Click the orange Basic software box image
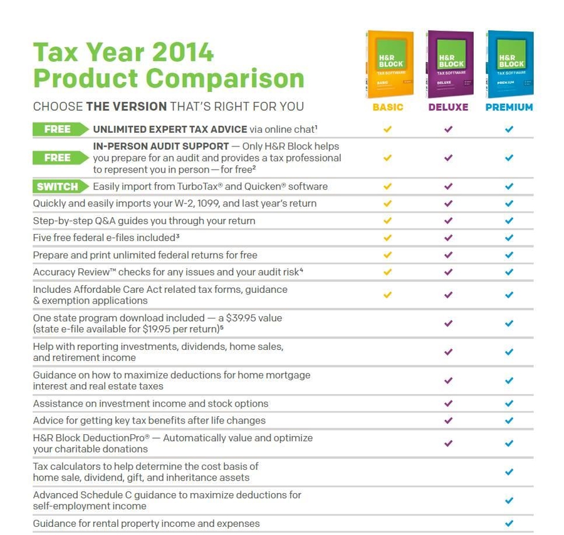coord(389,64)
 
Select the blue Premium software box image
coord(509,64)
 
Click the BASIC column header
coord(388,107)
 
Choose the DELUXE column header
coord(448,107)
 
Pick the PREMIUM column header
coord(509,107)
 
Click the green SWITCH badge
coord(59,186)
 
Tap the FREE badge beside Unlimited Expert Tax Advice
coord(59,130)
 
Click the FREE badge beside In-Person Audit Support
coord(59,158)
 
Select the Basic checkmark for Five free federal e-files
coord(387,238)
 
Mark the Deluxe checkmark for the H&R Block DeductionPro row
coord(448,443)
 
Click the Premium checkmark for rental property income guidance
coord(509,523)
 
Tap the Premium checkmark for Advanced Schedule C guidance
coord(509,501)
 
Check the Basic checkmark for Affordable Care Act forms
coord(387,295)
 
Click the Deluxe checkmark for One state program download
coord(448,324)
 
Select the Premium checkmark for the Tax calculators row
coord(509,472)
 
